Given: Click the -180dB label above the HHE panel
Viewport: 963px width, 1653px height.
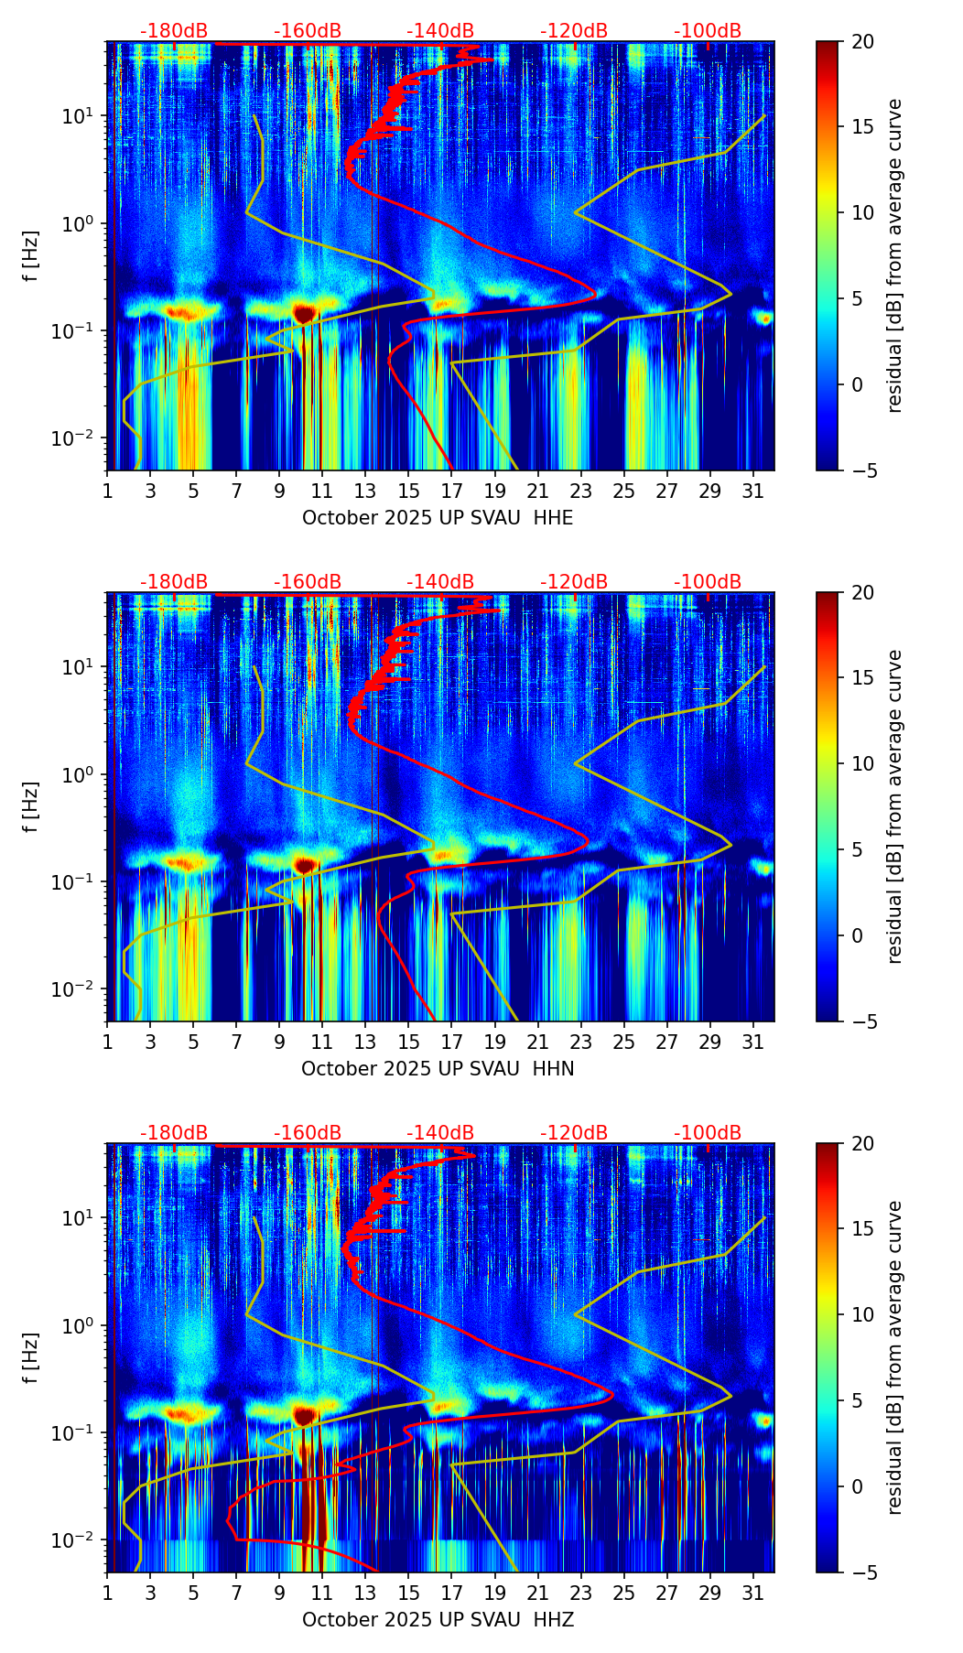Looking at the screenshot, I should point(174,31).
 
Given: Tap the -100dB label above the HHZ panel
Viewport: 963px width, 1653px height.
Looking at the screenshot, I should point(708,1133).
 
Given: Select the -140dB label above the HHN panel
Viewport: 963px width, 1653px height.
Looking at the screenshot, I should point(440,582).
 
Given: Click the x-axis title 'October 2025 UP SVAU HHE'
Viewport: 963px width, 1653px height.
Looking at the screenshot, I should point(438,518).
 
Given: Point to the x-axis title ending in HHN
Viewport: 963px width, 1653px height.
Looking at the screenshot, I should point(438,1069).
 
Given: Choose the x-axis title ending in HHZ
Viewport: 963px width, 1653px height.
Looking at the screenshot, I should point(438,1620).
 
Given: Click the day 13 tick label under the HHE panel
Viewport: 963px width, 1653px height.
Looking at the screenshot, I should point(365,492).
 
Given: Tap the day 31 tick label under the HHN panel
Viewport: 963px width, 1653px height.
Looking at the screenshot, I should point(752,1043).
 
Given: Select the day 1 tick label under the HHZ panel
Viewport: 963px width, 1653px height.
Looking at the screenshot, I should point(107,1594).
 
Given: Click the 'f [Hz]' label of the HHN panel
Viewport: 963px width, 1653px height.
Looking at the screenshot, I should point(31,807).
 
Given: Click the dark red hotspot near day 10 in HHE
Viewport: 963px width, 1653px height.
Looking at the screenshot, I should point(304,313).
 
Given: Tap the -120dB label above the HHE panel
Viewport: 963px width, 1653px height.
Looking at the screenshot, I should point(574,31).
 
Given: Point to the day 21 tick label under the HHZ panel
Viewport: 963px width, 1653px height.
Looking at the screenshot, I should point(537,1594).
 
